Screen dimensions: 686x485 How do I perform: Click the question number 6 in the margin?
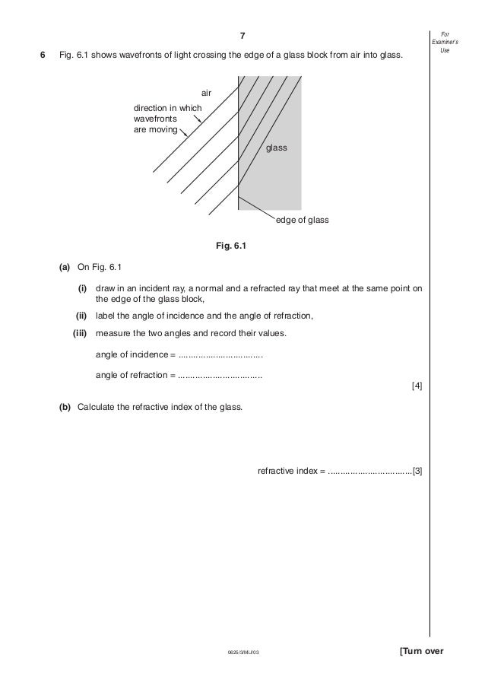(x=43, y=56)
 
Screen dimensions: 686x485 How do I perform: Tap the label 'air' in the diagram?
(x=206, y=93)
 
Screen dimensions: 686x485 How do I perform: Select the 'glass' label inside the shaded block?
(x=277, y=148)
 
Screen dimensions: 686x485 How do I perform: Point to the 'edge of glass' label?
(x=302, y=220)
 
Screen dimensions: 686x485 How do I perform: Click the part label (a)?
(x=65, y=268)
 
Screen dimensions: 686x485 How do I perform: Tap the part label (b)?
(x=65, y=407)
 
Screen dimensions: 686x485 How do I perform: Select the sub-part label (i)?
(x=81, y=290)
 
